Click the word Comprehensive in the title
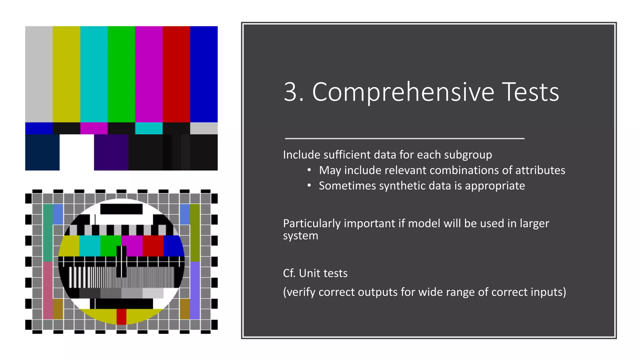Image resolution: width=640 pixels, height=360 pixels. (403, 92)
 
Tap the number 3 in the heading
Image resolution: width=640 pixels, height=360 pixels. (290, 92)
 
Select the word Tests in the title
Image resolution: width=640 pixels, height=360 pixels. (530, 92)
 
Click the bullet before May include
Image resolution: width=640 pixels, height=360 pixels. (309, 170)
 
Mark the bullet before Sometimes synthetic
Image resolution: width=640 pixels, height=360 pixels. (309, 186)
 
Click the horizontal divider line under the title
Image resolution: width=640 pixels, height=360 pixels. (404, 138)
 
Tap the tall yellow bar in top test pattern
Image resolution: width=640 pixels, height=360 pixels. (66, 74)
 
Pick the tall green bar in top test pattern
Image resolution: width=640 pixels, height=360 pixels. (121, 74)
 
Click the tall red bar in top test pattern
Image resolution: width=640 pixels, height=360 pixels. (176, 74)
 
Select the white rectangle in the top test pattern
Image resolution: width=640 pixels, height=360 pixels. (77, 152)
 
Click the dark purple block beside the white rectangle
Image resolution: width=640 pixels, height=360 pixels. (111, 152)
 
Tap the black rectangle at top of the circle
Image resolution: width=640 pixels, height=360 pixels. (121, 209)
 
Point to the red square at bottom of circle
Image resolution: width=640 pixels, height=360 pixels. (121, 317)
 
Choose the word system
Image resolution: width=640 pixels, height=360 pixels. (300, 236)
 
